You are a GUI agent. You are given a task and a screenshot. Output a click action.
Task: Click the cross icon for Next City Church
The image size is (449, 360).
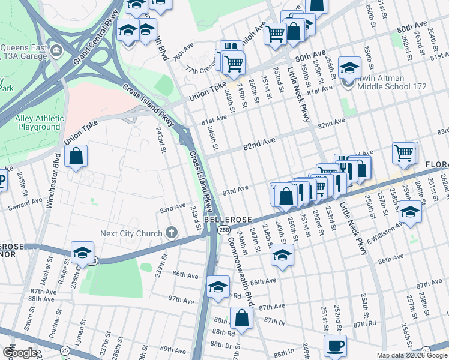click(172, 233)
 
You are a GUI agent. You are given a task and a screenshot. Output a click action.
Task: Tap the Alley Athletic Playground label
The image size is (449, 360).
click(38, 123)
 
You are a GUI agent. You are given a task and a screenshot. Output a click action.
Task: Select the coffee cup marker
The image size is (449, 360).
click(336, 346)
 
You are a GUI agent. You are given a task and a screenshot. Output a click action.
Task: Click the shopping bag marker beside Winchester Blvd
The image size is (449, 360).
click(76, 157)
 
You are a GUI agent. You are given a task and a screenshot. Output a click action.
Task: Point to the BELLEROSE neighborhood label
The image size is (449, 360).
click(223, 220)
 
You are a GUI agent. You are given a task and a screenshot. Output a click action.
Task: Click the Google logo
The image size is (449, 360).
click(19, 353)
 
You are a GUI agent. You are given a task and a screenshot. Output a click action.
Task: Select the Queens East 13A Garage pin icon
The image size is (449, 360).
click(56, 49)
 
